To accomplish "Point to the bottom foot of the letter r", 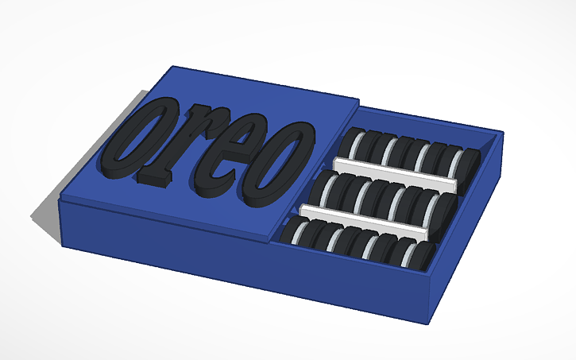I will (155, 180).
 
